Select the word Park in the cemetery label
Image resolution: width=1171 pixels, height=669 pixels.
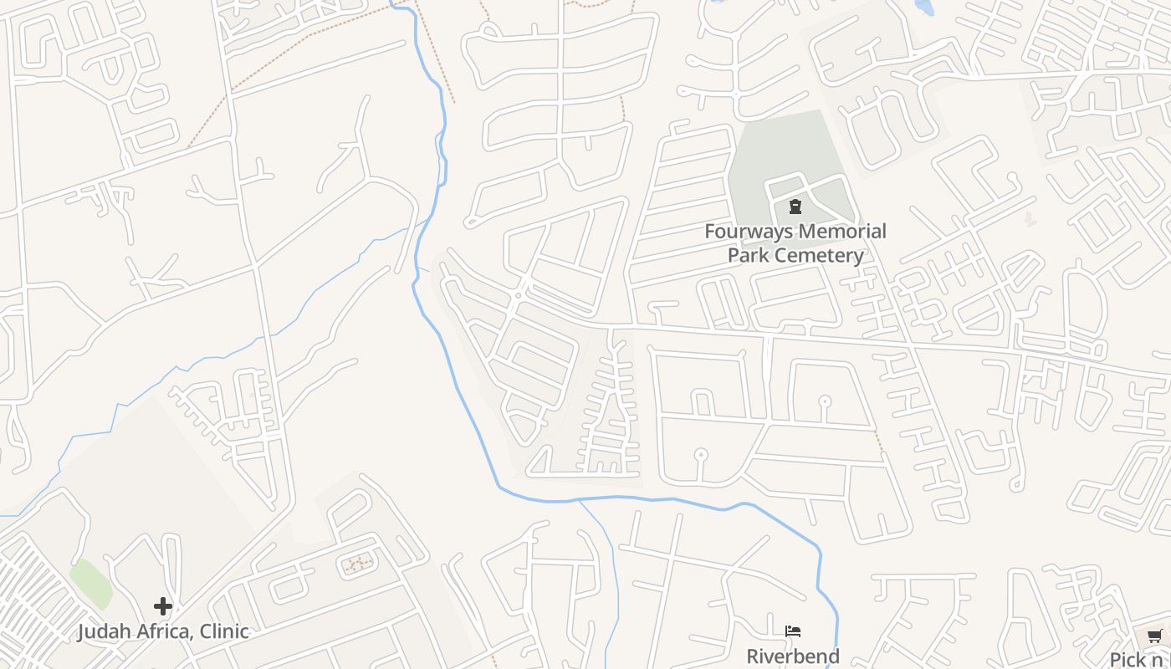[747, 255]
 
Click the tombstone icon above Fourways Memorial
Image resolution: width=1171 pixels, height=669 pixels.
[795, 206]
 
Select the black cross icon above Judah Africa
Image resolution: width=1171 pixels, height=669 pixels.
[163, 606]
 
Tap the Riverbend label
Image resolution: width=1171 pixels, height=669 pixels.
[793, 656]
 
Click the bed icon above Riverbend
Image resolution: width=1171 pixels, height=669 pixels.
[793, 631]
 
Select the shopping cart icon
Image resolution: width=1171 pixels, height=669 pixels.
[1155, 636]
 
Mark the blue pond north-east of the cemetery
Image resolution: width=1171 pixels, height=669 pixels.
[923, 7]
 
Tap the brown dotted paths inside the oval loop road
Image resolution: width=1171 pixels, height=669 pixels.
[358, 565]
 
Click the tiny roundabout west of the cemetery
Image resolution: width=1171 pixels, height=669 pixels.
[519, 295]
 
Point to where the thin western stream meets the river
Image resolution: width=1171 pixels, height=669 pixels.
[428, 219]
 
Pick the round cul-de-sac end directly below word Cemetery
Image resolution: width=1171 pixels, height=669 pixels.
[825, 401]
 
